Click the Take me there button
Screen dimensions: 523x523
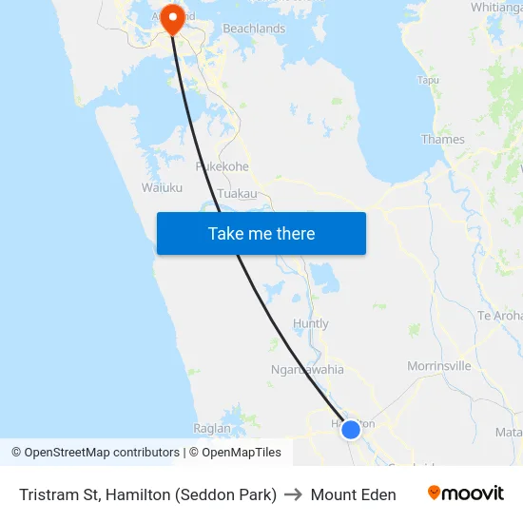261,233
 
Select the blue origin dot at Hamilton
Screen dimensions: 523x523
351,429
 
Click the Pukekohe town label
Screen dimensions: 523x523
222,166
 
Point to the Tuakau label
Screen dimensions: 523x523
237,193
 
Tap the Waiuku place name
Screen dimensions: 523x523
162,187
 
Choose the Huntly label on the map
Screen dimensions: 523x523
311,323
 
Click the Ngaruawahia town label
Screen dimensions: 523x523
307,369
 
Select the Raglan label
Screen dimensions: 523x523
211,429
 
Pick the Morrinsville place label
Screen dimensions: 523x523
439,365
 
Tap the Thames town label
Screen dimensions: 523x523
443,139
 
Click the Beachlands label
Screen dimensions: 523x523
254,29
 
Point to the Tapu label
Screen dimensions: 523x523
429,80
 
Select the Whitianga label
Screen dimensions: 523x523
495,7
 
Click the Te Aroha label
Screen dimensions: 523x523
499,316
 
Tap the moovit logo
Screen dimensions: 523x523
466,494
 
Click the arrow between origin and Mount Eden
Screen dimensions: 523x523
293,494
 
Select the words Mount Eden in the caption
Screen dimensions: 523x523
353,494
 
